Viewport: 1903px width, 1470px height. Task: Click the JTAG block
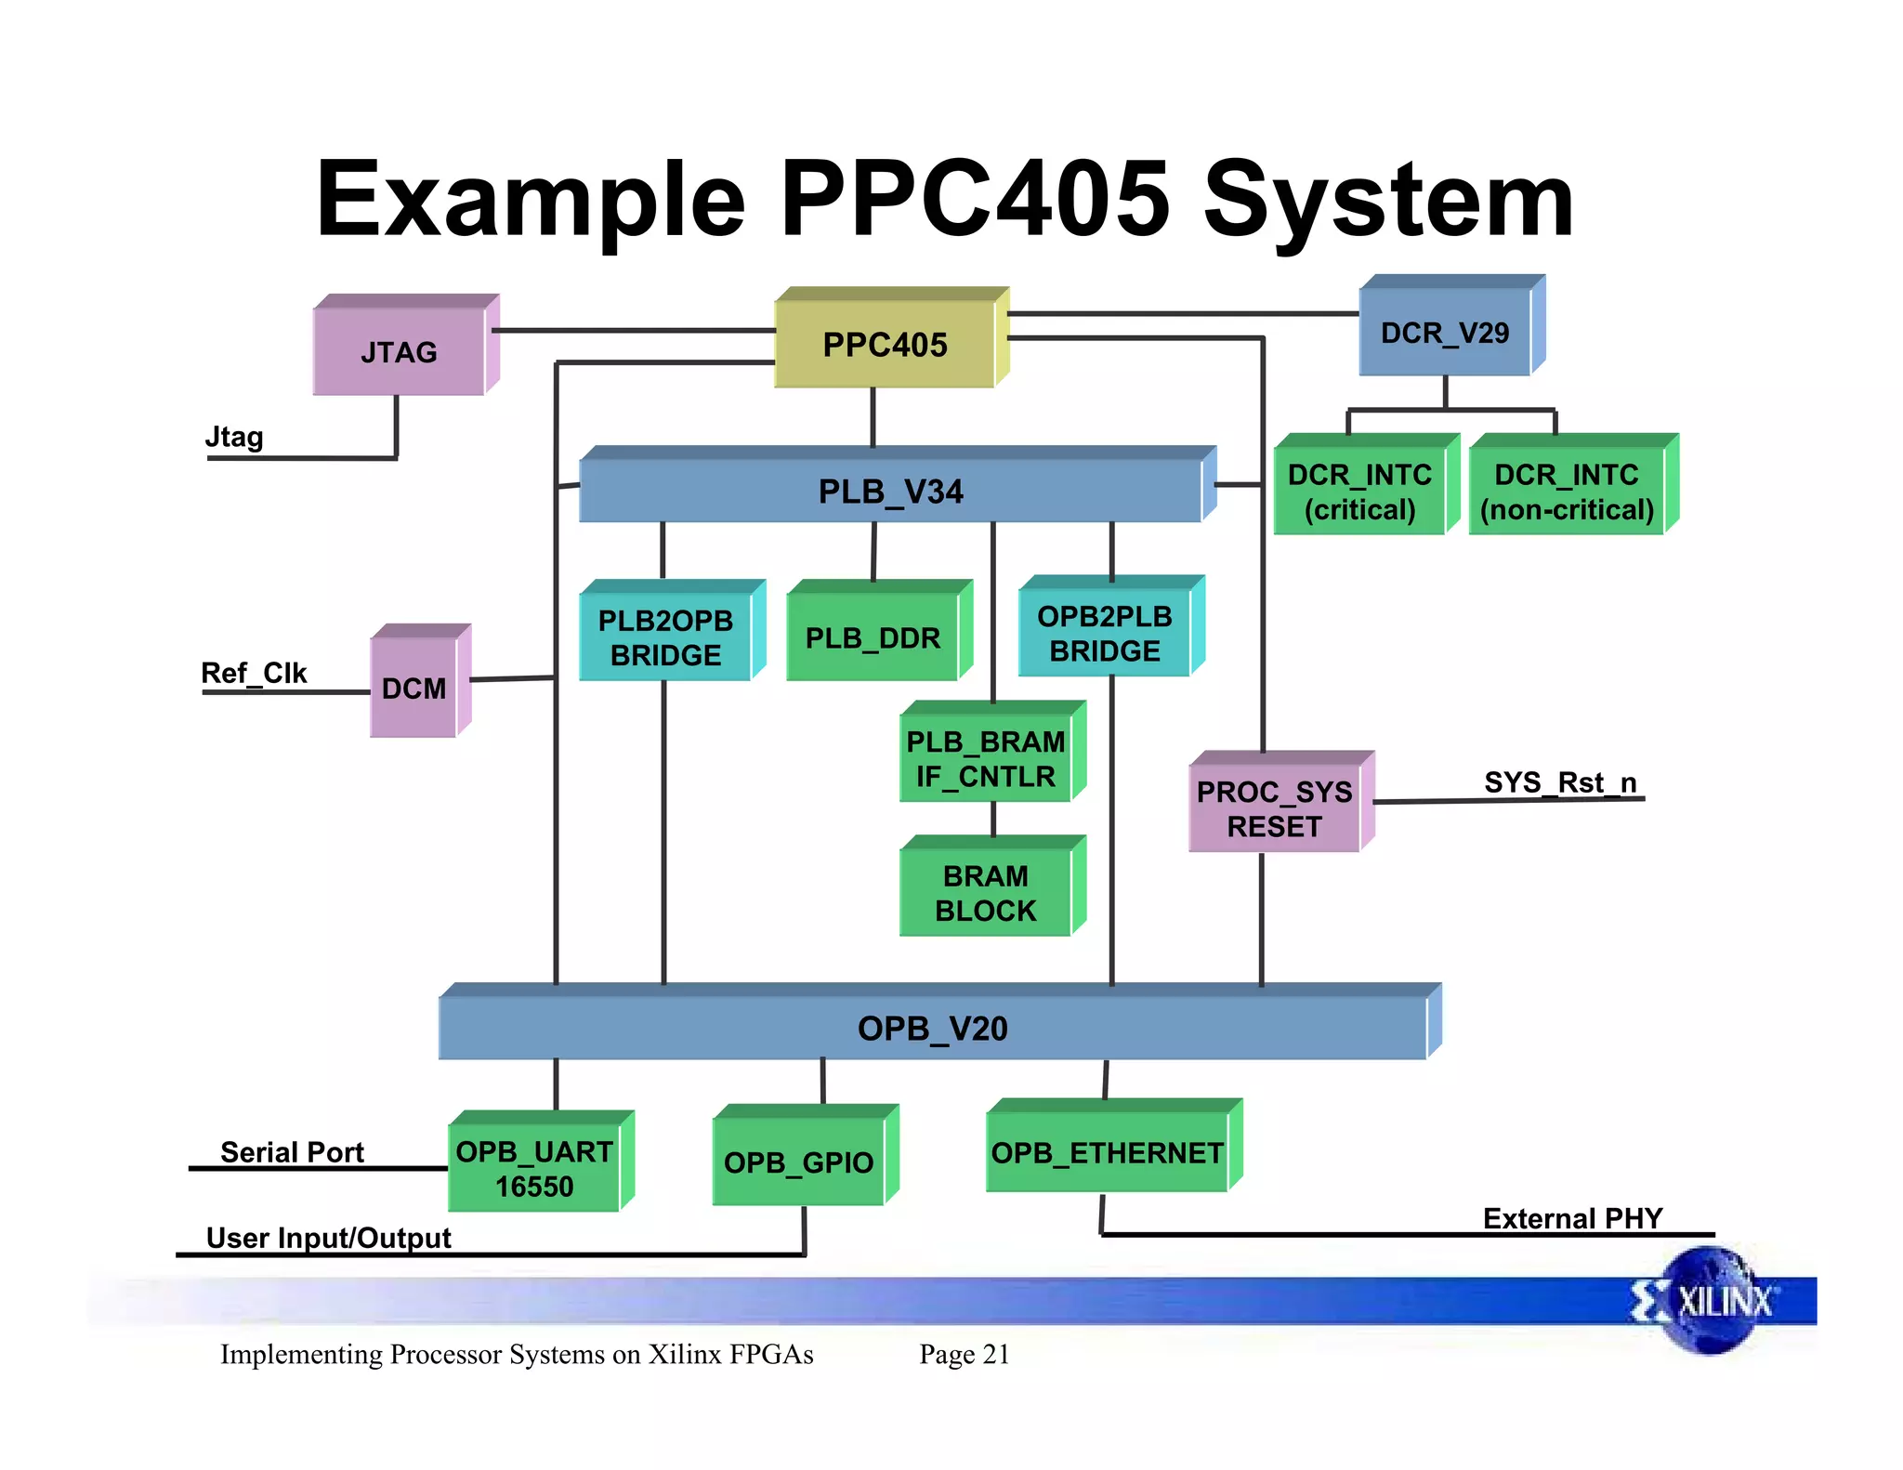click(x=399, y=352)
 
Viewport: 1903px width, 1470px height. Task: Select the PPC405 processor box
click(x=885, y=345)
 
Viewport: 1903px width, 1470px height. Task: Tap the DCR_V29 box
click(x=1445, y=333)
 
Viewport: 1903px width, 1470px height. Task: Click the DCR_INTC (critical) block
click(x=1359, y=492)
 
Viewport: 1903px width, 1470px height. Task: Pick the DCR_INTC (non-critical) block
click(x=1567, y=492)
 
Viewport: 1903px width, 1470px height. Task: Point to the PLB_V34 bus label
click(x=890, y=492)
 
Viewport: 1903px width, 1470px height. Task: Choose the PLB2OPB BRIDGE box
click(x=665, y=637)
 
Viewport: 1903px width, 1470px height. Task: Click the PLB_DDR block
click(x=873, y=638)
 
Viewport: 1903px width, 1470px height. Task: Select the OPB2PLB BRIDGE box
click(x=1104, y=634)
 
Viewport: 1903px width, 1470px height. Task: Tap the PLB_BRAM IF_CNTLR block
click(x=985, y=758)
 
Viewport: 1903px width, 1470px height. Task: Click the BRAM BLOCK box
click(x=985, y=893)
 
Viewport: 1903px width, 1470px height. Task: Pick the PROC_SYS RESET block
click(x=1274, y=808)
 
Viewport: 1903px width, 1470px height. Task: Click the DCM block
click(x=413, y=689)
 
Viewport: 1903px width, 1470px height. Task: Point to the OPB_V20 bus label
click(x=932, y=1029)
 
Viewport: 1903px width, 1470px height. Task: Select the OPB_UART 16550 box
click(x=534, y=1169)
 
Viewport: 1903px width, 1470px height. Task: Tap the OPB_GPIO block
click(x=798, y=1162)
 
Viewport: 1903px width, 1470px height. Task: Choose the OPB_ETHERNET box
click(x=1107, y=1153)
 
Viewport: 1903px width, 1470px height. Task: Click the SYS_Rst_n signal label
click(x=1560, y=782)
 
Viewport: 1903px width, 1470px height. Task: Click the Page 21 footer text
click(x=964, y=1354)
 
